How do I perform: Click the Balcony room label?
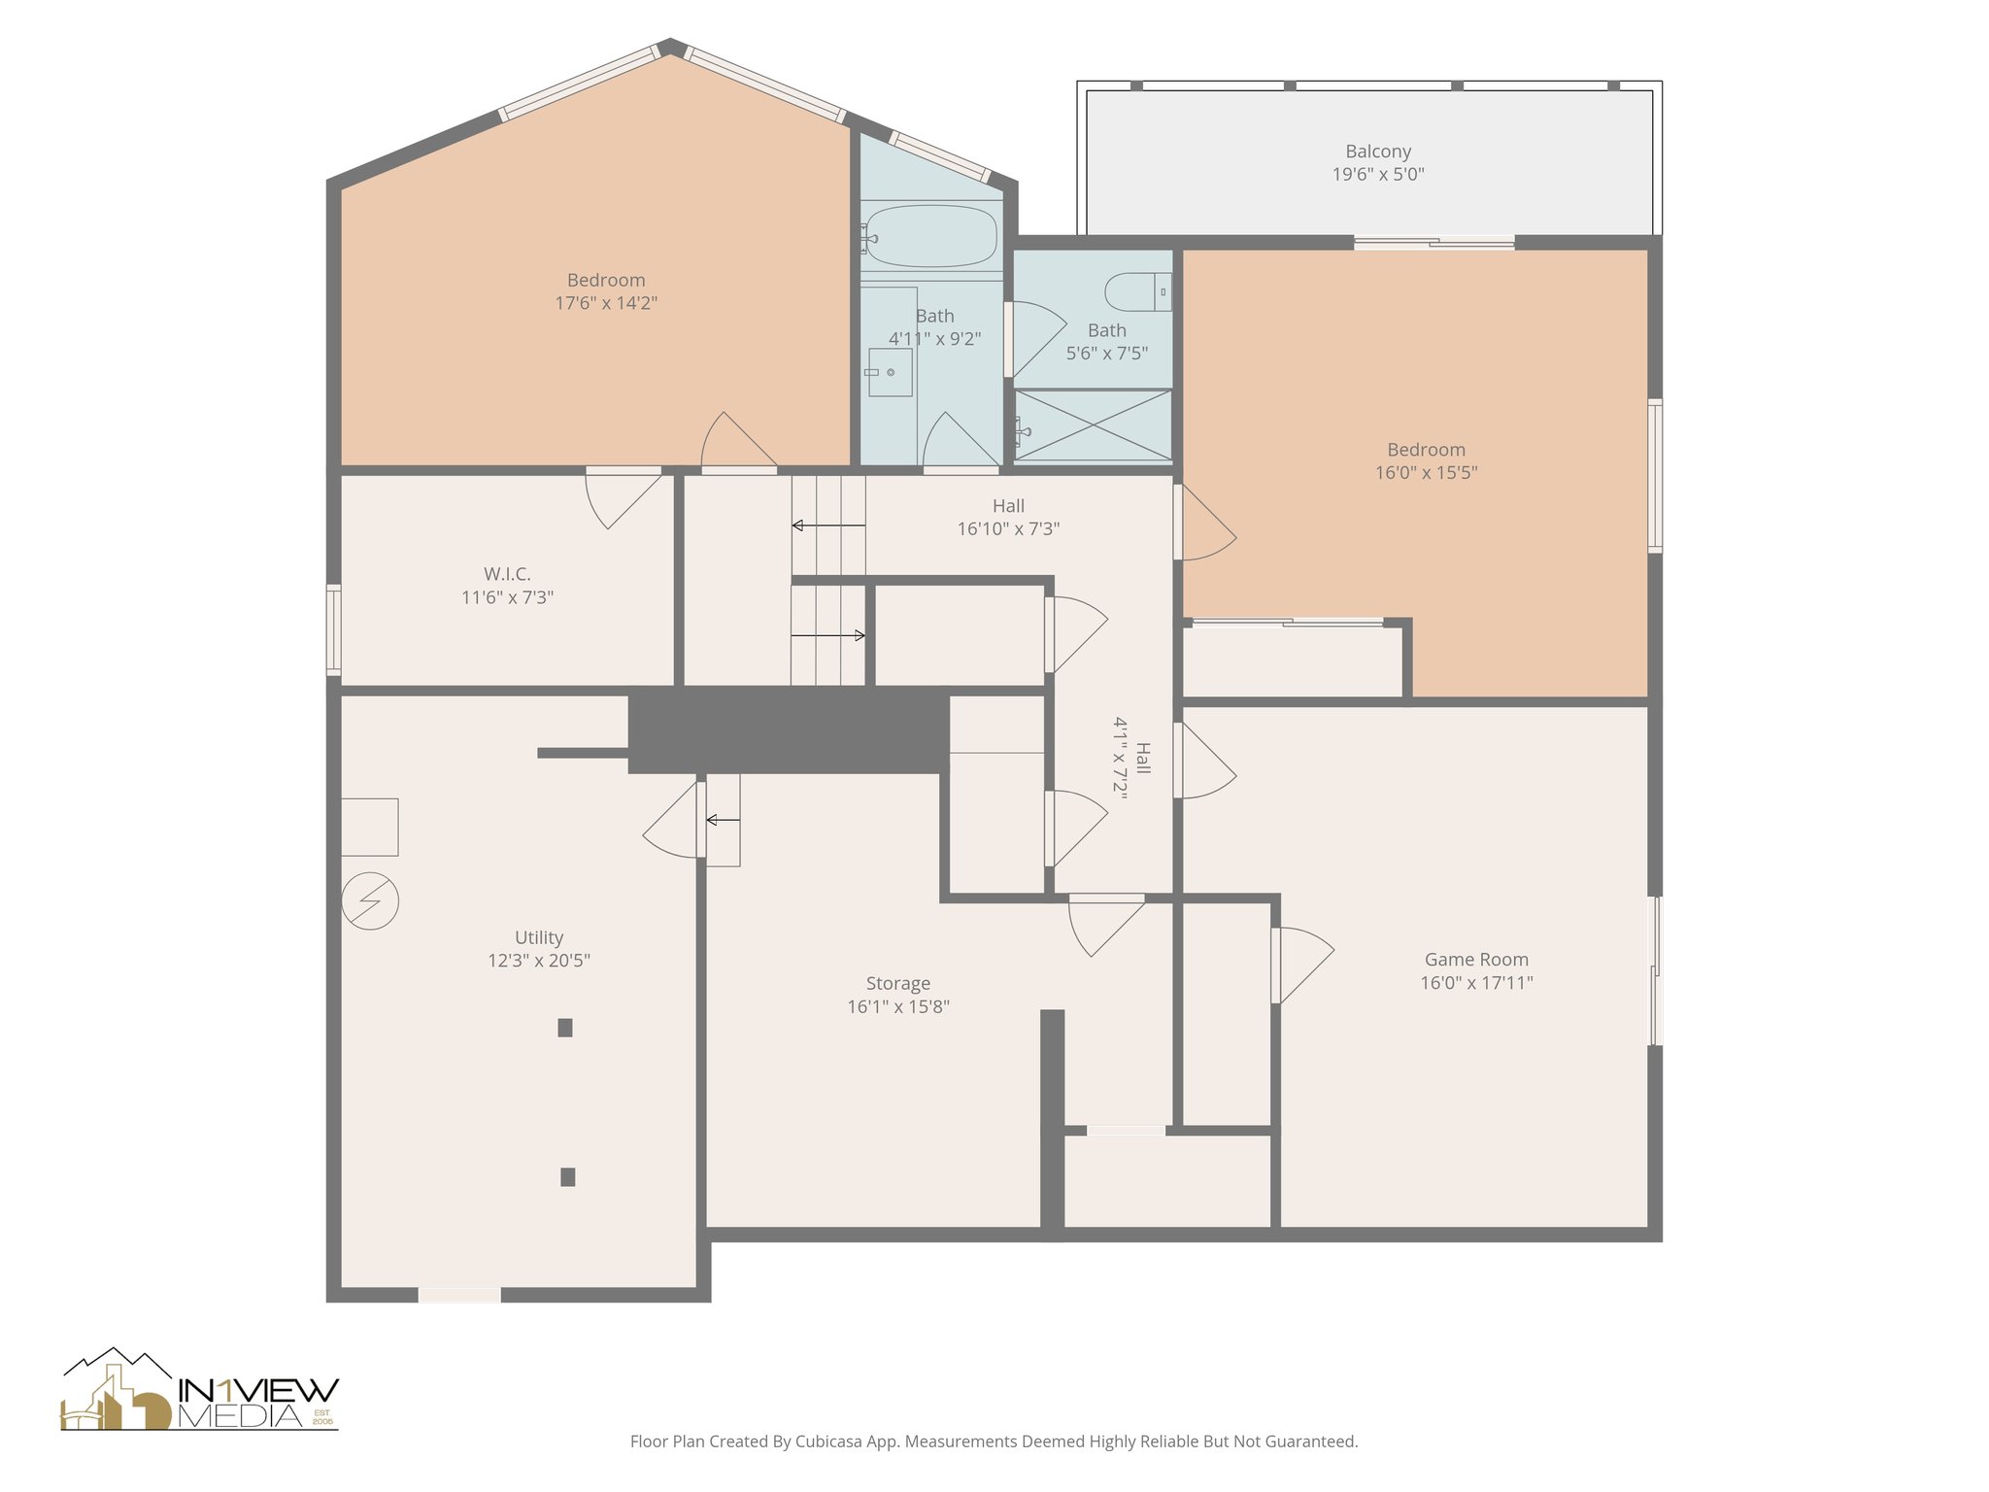pos(1378,152)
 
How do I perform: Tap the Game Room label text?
pos(1476,960)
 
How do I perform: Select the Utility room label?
pos(539,937)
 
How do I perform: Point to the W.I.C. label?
pos(507,574)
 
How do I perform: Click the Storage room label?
pos(898,984)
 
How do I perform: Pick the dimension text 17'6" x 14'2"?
pos(606,303)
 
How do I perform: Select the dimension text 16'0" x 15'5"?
pos(1427,473)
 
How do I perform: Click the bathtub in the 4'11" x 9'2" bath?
pos(930,235)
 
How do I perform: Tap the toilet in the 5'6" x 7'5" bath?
pos(1138,291)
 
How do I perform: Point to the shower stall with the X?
pos(1094,425)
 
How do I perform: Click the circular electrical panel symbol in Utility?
pos(370,900)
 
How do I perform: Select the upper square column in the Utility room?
pos(565,1028)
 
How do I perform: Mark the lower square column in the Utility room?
pos(568,1177)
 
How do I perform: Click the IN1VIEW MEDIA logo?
pos(200,1389)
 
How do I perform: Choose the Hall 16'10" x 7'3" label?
pos(1008,518)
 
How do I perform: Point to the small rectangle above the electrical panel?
pos(370,828)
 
